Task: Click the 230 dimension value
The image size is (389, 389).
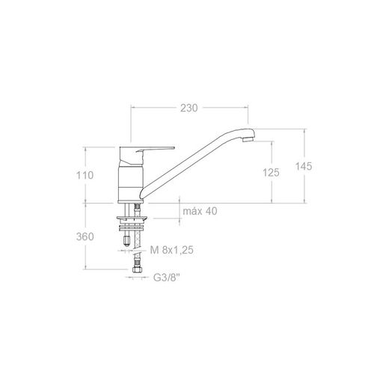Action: [x=189, y=108]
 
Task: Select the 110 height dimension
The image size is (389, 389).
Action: [x=85, y=175]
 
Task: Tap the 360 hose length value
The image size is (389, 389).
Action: [x=85, y=236]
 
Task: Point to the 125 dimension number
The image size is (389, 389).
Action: [x=271, y=173]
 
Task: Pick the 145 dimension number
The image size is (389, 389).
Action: [x=304, y=166]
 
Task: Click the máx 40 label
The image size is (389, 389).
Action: [x=200, y=211]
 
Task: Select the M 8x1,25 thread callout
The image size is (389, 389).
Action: [x=172, y=250]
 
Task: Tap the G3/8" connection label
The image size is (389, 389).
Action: [x=167, y=278]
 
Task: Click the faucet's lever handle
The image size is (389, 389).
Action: [x=155, y=149]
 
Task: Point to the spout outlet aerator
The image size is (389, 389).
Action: [x=248, y=139]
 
